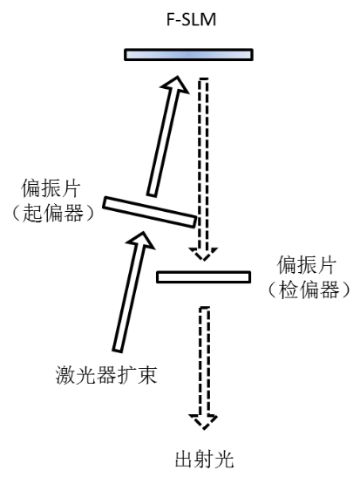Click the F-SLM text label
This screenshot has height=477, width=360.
191,19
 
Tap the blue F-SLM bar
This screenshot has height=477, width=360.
188,55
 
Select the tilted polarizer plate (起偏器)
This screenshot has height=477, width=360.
150,212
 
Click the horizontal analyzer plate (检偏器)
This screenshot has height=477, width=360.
203,277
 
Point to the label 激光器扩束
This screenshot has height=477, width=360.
106,375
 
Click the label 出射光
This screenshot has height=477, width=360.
205,459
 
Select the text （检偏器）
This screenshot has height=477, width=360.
309,289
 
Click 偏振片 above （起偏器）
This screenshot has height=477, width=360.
51,188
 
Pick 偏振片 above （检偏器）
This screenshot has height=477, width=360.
307,265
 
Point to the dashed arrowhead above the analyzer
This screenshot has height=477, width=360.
203,254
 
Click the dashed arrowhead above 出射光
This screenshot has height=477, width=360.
203,421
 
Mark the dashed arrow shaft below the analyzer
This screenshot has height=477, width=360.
204,361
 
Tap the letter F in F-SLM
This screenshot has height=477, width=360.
171,20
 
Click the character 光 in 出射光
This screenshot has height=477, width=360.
224,459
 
